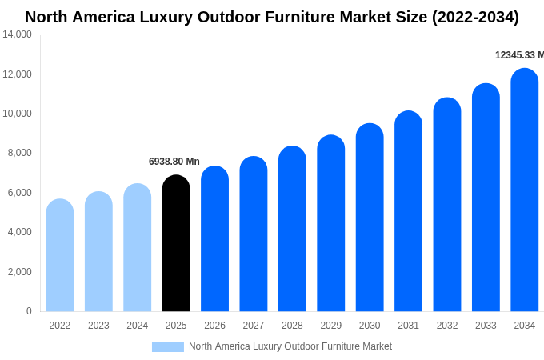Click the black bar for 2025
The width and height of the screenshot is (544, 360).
pos(176,244)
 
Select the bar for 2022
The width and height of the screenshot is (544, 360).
pos(60,256)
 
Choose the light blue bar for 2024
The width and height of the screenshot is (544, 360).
pos(138,248)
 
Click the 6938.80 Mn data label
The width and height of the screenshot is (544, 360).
pos(174,162)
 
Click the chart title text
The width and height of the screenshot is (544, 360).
pos(272,17)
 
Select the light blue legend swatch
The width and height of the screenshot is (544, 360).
pos(168,347)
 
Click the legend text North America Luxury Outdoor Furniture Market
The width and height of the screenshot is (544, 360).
pos(290,346)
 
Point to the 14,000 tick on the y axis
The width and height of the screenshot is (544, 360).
pos(17,34)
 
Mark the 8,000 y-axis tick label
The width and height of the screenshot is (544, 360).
pos(19,153)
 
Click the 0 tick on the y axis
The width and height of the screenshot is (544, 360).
pos(29,311)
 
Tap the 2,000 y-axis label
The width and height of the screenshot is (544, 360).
pos(19,272)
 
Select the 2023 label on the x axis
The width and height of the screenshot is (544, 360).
pos(98,326)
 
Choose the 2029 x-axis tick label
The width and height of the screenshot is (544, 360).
pos(331,326)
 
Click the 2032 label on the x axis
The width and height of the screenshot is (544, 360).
pos(447,326)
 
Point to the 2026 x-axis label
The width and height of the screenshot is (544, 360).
pos(214,326)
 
